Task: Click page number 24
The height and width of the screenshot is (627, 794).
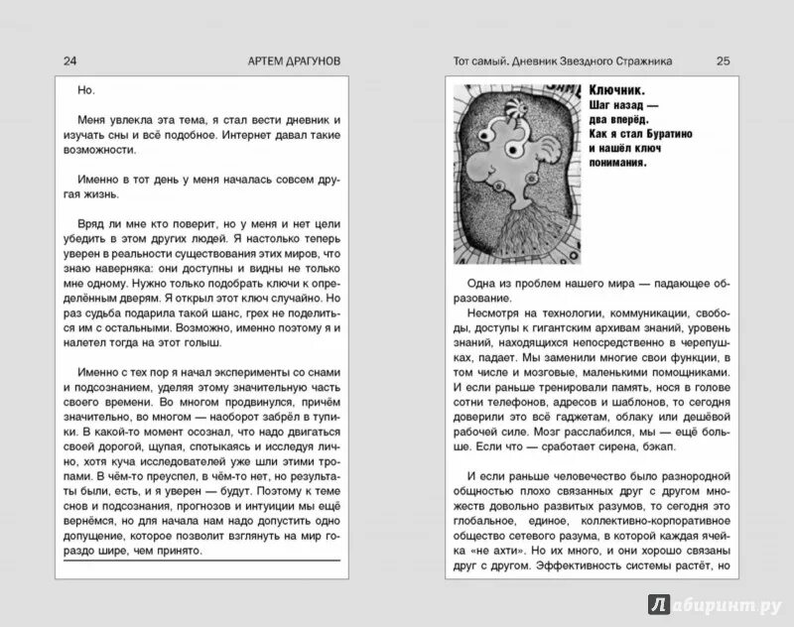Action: point(68,60)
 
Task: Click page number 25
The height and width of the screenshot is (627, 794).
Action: point(723,60)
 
